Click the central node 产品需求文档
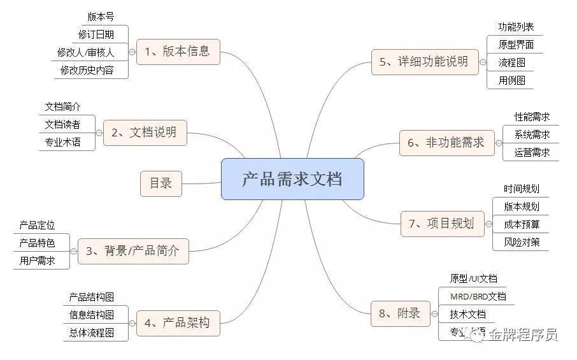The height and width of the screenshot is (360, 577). click(x=292, y=179)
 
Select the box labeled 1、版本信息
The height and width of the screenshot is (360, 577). click(x=178, y=52)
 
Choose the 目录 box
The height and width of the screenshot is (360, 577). click(x=160, y=184)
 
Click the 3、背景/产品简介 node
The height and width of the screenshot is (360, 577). click(x=133, y=251)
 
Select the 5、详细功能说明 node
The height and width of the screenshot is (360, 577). click(x=424, y=62)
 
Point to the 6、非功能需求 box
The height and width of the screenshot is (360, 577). click(x=446, y=143)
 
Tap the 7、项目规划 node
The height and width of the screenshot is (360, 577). click(x=442, y=224)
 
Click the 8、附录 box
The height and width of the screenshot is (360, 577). click(x=400, y=313)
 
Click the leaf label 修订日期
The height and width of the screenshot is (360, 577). click(x=97, y=34)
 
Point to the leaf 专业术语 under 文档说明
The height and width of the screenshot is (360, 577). click(x=62, y=142)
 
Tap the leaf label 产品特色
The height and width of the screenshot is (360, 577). click(x=37, y=243)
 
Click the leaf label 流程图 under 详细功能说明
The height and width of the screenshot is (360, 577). click(x=511, y=63)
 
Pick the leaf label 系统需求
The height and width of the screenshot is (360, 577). click(x=532, y=134)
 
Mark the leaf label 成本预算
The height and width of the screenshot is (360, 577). click(x=522, y=224)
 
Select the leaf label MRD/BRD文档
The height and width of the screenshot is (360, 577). click(x=478, y=296)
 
